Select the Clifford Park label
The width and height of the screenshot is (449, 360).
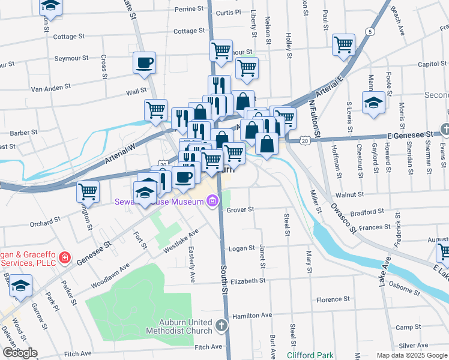(x=309, y=355)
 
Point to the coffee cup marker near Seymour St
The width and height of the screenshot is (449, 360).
(x=144, y=62)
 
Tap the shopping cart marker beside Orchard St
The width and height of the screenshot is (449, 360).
(x=88, y=192)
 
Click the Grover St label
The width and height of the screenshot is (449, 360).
(x=241, y=210)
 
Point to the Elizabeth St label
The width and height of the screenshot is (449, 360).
(x=247, y=281)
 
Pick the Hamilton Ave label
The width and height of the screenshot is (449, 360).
(x=252, y=314)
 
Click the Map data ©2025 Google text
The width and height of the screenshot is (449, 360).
(x=411, y=355)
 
